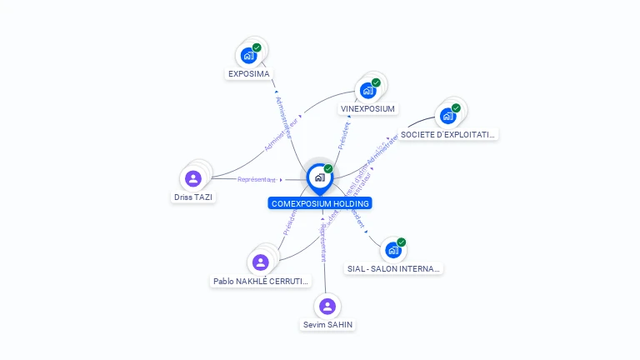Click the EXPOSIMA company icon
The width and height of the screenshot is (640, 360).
(248, 56)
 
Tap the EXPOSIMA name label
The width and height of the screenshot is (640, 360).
(249, 74)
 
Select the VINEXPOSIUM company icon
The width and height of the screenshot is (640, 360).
(367, 90)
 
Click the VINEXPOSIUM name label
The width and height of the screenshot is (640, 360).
(367, 109)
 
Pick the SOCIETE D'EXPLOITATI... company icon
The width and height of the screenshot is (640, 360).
(447, 116)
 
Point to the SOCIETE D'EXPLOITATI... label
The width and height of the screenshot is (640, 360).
(447, 134)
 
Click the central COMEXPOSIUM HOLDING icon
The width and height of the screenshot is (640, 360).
(319, 177)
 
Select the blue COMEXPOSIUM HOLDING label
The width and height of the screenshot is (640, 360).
(320, 203)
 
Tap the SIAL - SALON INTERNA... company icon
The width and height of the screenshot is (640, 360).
(392, 250)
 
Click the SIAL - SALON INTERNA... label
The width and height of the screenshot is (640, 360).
(393, 268)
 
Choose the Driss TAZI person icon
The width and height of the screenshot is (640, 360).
(193, 178)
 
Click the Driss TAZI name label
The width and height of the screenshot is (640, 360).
(193, 197)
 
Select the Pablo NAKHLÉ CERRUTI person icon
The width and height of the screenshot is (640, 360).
(261, 262)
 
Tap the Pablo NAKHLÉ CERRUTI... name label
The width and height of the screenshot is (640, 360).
(261, 282)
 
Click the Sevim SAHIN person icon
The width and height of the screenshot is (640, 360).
(327, 306)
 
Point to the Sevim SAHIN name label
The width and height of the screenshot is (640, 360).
(327, 324)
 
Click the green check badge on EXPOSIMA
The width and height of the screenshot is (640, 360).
(257, 47)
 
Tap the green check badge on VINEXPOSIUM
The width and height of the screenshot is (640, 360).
(376, 82)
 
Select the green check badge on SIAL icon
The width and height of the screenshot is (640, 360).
(401, 242)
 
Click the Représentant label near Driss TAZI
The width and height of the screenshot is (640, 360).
(256, 179)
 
